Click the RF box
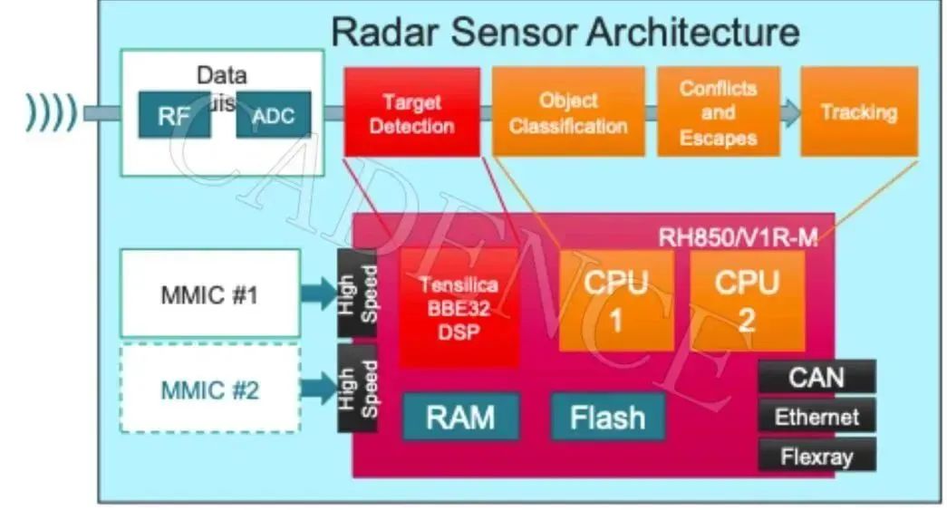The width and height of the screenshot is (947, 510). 174,114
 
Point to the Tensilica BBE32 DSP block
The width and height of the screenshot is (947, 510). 459,307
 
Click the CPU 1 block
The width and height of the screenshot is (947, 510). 616,300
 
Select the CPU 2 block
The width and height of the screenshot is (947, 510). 748,300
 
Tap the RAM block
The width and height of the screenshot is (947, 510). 460,417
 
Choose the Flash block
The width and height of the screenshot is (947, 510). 607,417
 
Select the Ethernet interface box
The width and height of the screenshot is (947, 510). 817,417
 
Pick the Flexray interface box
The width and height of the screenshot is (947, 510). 817,455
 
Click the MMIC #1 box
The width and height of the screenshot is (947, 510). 209,293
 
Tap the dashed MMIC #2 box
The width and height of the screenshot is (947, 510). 209,389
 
